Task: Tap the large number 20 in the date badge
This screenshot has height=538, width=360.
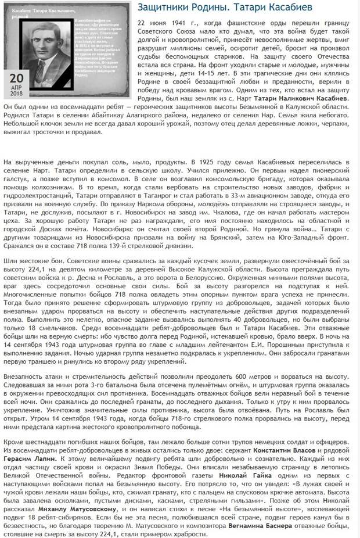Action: click(16, 78)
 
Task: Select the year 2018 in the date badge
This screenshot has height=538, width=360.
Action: click(16, 94)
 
